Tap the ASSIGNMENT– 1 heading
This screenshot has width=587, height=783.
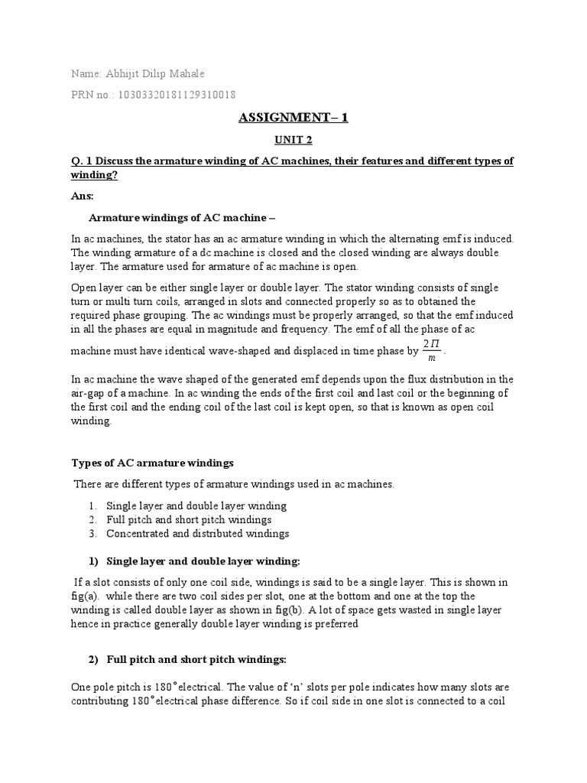(x=293, y=118)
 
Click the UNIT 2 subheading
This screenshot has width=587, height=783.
(x=293, y=141)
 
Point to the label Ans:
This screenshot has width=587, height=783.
(x=81, y=196)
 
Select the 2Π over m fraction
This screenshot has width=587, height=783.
(x=433, y=330)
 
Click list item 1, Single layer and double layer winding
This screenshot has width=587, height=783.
(x=196, y=505)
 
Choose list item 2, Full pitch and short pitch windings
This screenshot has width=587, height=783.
(x=189, y=519)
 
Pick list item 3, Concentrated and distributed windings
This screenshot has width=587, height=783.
(x=197, y=533)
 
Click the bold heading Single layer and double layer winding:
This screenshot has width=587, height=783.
(x=204, y=560)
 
